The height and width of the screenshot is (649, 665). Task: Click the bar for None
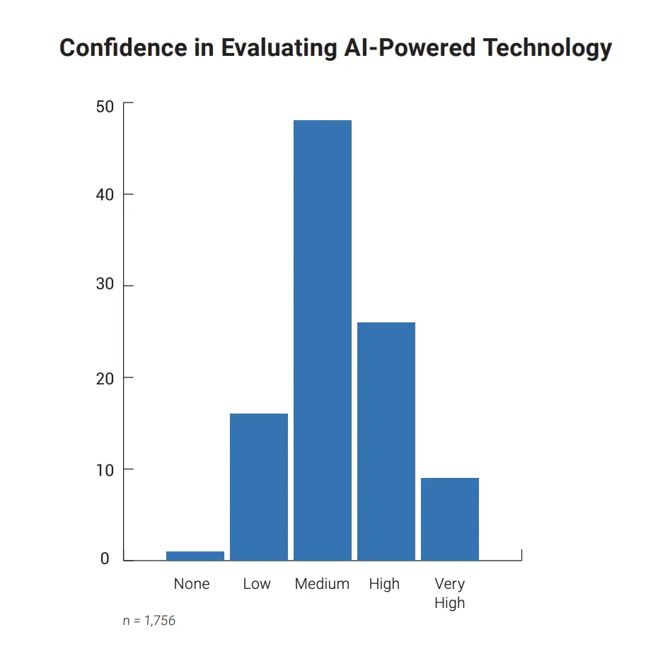click(195, 556)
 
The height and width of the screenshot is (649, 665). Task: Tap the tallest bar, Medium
click(323, 340)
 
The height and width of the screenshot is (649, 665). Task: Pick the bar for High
click(386, 441)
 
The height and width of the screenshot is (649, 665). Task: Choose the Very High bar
click(450, 519)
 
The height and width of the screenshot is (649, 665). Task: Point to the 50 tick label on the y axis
click(105, 106)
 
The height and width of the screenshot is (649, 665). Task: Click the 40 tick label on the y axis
click(105, 194)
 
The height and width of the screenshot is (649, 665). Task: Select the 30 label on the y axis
click(105, 286)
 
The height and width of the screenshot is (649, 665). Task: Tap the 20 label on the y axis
click(105, 378)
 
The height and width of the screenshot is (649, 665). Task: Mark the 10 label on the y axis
click(105, 469)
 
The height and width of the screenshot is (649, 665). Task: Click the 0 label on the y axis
click(105, 559)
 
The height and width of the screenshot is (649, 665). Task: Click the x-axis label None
click(192, 584)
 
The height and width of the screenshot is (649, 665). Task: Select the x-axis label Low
click(257, 584)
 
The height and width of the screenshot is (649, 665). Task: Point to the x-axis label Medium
click(322, 584)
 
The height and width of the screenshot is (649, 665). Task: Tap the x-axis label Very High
click(450, 593)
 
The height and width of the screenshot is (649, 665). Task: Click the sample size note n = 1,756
click(149, 621)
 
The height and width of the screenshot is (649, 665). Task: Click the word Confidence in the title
click(114, 48)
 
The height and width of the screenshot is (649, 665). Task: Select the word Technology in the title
click(548, 48)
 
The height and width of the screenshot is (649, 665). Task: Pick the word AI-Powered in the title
click(404, 48)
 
